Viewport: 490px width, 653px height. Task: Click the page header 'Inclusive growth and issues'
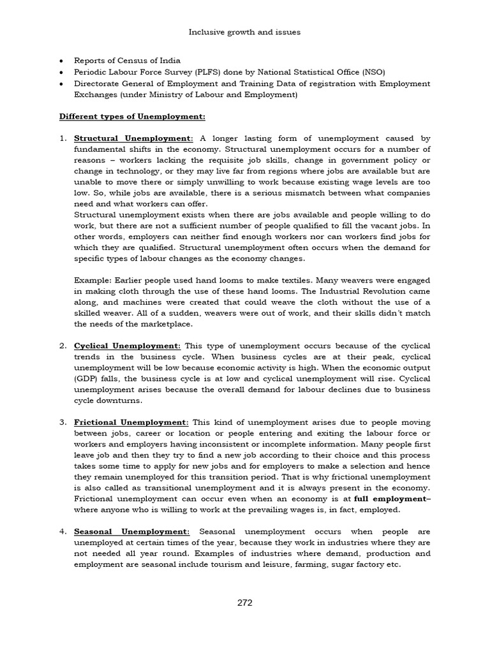pos(246,31)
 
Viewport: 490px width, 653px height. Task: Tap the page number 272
pos(245,603)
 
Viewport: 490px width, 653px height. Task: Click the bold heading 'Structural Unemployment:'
pos(133,138)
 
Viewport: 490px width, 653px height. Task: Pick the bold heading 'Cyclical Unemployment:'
pos(128,345)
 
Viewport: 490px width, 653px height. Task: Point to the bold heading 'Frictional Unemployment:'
pos(131,422)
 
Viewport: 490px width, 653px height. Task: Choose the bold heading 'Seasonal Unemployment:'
pos(132,531)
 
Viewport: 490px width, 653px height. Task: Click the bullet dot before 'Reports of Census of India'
pos(61,61)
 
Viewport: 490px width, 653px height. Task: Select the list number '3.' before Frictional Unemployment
pos(63,422)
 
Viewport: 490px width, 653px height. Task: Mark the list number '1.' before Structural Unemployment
pos(63,138)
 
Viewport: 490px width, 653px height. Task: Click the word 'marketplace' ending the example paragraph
pos(151,324)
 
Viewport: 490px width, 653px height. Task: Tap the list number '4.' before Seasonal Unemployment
pos(63,531)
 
